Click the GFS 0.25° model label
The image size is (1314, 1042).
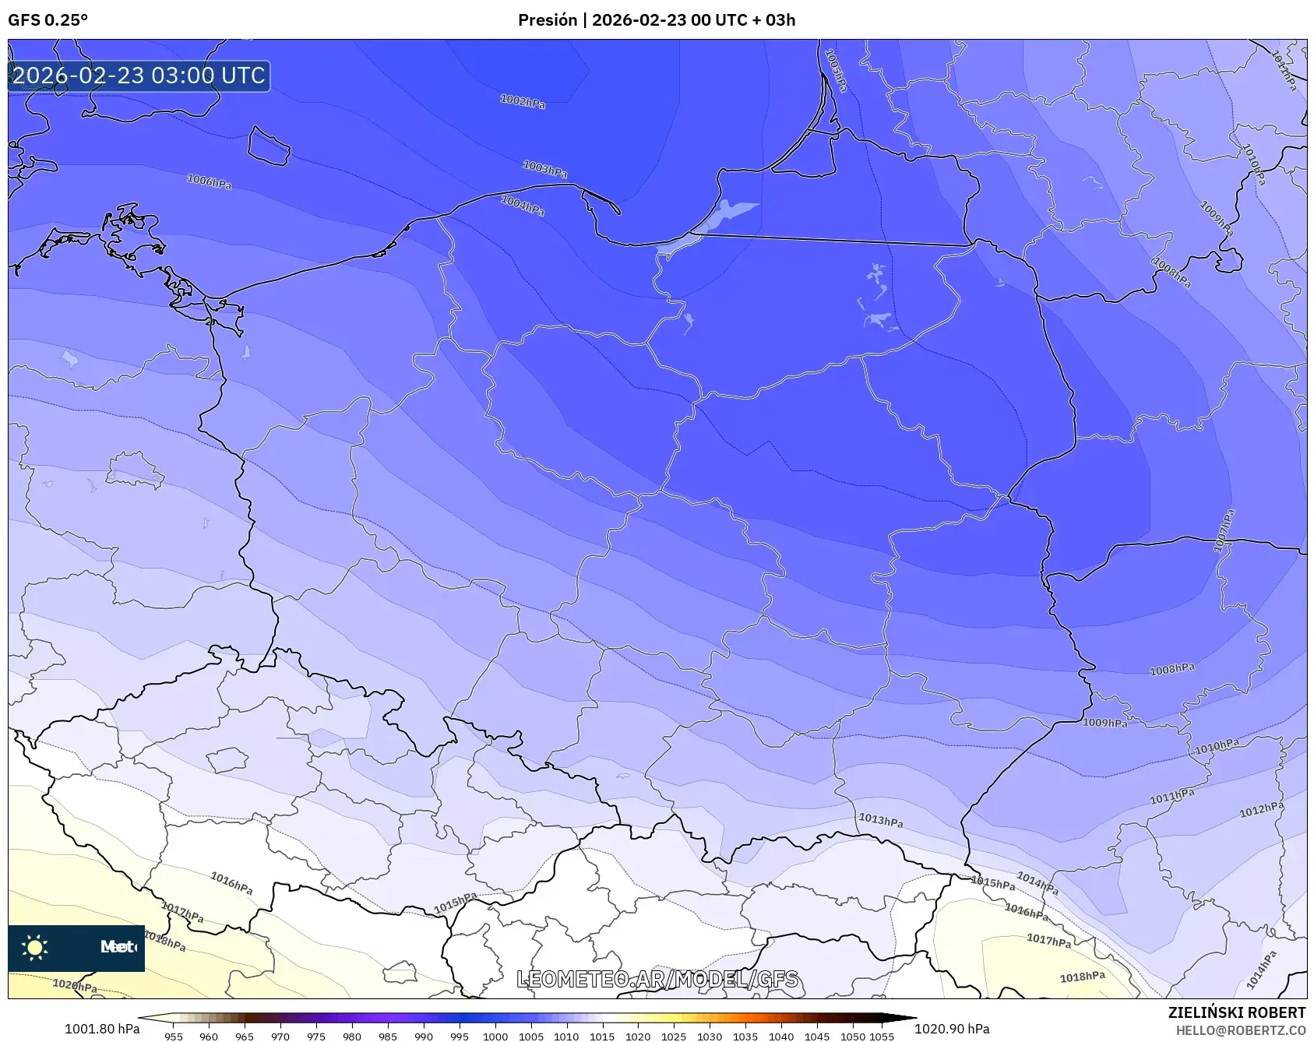(48, 20)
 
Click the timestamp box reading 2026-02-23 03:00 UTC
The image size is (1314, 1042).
(139, 76)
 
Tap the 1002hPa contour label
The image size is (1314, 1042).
(522, 101)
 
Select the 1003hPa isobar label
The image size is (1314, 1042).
(544, 168)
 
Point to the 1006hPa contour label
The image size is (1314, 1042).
(209, 181)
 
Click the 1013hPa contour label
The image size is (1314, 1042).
(880, 820)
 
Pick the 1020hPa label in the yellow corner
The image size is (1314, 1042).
(75, 985)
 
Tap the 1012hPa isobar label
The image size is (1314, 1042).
(1261, 810)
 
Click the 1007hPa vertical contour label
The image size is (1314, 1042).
(1224, 530)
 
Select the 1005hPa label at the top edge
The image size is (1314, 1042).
(835, 70)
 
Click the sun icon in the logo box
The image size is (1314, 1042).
(35, 947)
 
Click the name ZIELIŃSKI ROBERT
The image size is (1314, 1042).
(1236, 1012)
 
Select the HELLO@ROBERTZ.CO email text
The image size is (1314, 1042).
(1240, 1030)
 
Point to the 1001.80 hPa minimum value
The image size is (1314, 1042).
(102, 1029)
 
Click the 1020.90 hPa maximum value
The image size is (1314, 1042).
(952, 1029)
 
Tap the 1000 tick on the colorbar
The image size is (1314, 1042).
(495, 1037)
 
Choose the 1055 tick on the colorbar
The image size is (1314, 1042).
(881, 1037)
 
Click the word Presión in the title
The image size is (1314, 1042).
(548, 20)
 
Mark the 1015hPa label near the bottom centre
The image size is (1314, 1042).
(455, 903)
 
